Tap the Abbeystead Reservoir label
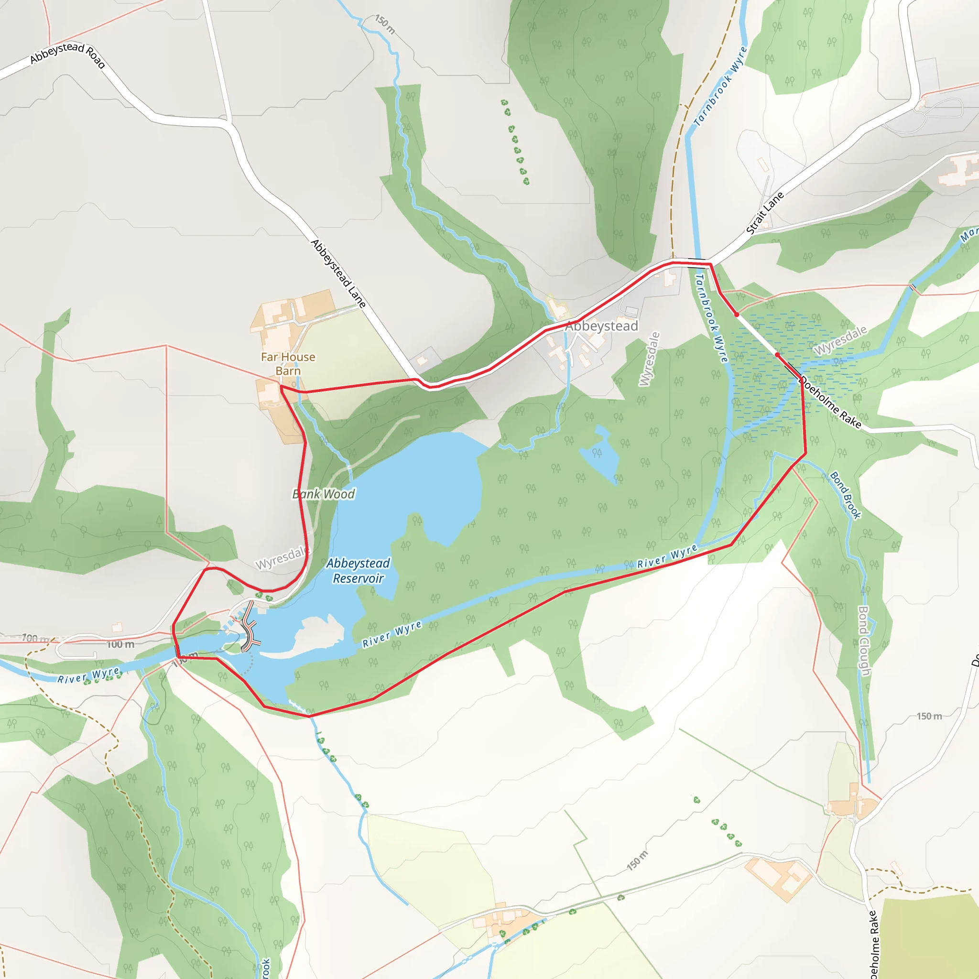pyautogui.click(x=358, y=571)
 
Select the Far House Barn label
pyautogui.click(x=288, y=364)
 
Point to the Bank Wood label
pyautogui.click(x=323, y=494)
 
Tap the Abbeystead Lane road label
pyautogui.click(x=338, y=273)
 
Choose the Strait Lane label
pyautogui.click(x=765, y=213)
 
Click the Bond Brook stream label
pyautogui.click(x=845, y=496)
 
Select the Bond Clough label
pyautogui.click(x=864, y=641)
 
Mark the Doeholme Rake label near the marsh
pyautogui.click(x=830, y=402)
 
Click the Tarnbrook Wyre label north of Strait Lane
pyautogui.click(x=720, y=87)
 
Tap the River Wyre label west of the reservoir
pyautogui.click(x=89, y=675)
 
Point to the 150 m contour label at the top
pyautogui.click(x=385, y=24)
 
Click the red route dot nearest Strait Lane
pyautogui.click(x=736, y=315)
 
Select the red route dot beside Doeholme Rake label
pyautogui.click(x=777, y=355)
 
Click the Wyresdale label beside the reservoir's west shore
pyautogui.click(x=281, y=558)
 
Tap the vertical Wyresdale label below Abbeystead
pyautogui.click(x=649, y=359)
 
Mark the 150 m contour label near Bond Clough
pyautogui.click(x=929, y=716)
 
